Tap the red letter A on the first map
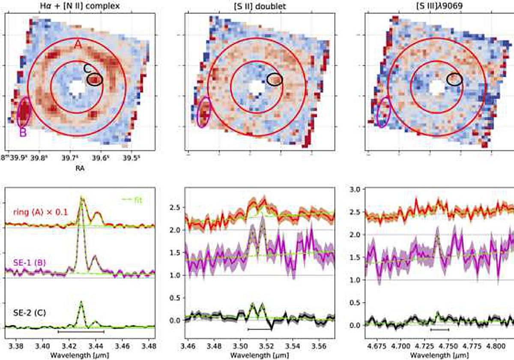point(78,44)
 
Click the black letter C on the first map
point(87,69)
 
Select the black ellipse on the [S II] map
point(275,79)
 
